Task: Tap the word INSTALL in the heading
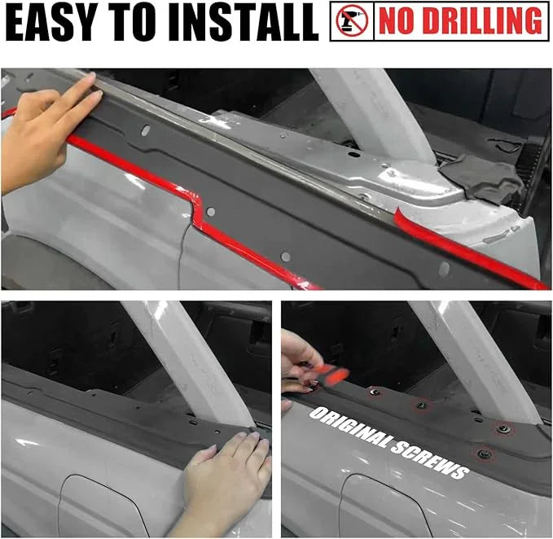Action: point(244,22)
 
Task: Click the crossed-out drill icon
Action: point(352,21)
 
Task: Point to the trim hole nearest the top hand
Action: point(145,130)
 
